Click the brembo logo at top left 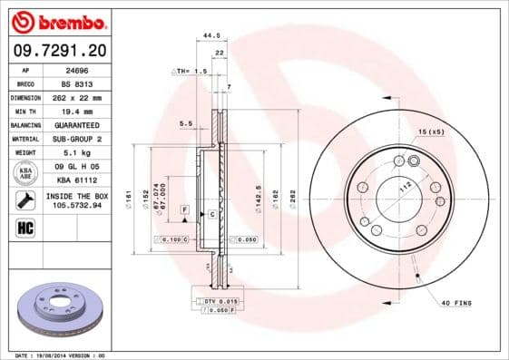pyautogui.click(x=56, y=21)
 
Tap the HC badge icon pyautogui.click(x=25, y=227)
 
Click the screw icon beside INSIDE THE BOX pyautogui.click(x=25, y=199)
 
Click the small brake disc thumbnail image pyautogui.click(x=57, y=309)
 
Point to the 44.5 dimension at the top pyautogui.click(x=211, y=36)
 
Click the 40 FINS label pyautogui.click(x=456, y=302)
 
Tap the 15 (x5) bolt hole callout pyautogui.click(x=432, y=133)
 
